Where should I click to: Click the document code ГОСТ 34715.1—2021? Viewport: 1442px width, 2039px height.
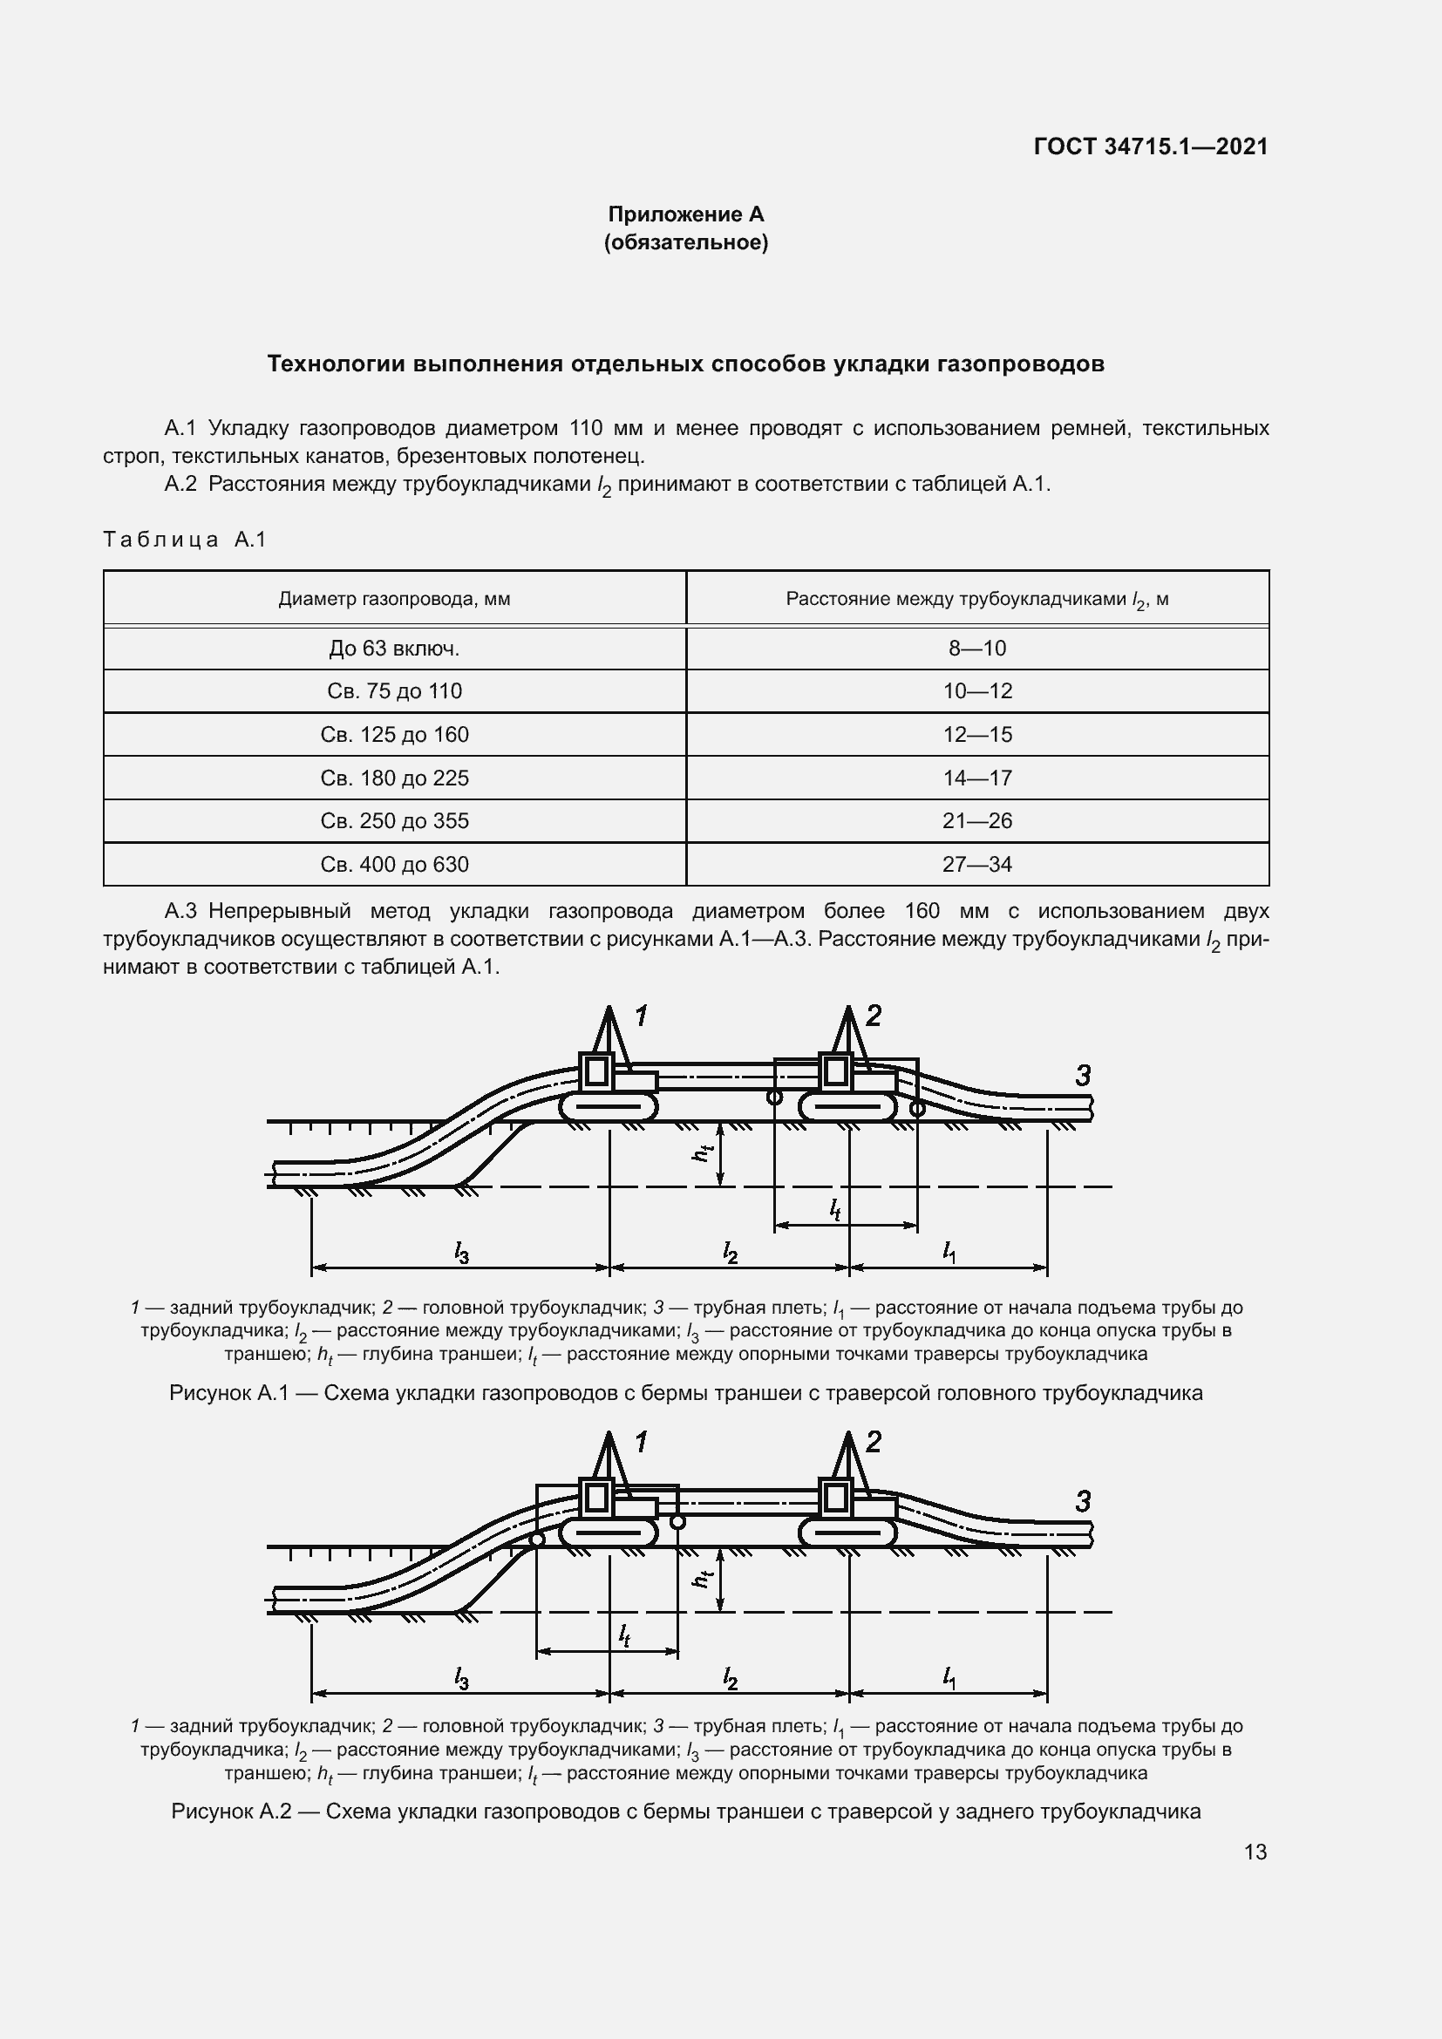coord(1151,146)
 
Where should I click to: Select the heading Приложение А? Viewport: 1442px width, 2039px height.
coord(685,214)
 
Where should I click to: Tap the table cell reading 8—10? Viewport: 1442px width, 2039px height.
coord(976,649)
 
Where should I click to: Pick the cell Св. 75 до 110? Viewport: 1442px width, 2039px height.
coord(394,691)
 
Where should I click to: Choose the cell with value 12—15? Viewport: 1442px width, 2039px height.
coord(976,734)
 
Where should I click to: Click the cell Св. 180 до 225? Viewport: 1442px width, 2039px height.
coord(394,778)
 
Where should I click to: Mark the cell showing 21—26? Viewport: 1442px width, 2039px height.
coord(976,820)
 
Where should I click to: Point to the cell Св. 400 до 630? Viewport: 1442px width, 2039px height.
coord(394,864)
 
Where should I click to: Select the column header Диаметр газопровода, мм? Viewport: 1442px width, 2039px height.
coord(394,599)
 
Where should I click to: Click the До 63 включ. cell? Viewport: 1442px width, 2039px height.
coord(394,649)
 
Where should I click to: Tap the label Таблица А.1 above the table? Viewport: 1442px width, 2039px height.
coord(185,539)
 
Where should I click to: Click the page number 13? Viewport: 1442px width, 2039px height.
coord(1255,1852)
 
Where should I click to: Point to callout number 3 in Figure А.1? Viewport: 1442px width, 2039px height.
coord(1083,1077)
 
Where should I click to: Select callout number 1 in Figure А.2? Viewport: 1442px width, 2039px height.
coord(640,1442)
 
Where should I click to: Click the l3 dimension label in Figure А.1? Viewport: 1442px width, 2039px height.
coord(461,1253)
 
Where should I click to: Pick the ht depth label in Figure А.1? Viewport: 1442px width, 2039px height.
coord(703,1152)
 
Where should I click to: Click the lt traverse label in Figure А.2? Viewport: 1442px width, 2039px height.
coord(624,1635)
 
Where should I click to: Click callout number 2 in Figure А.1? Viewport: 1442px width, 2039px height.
coord(873,1016)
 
